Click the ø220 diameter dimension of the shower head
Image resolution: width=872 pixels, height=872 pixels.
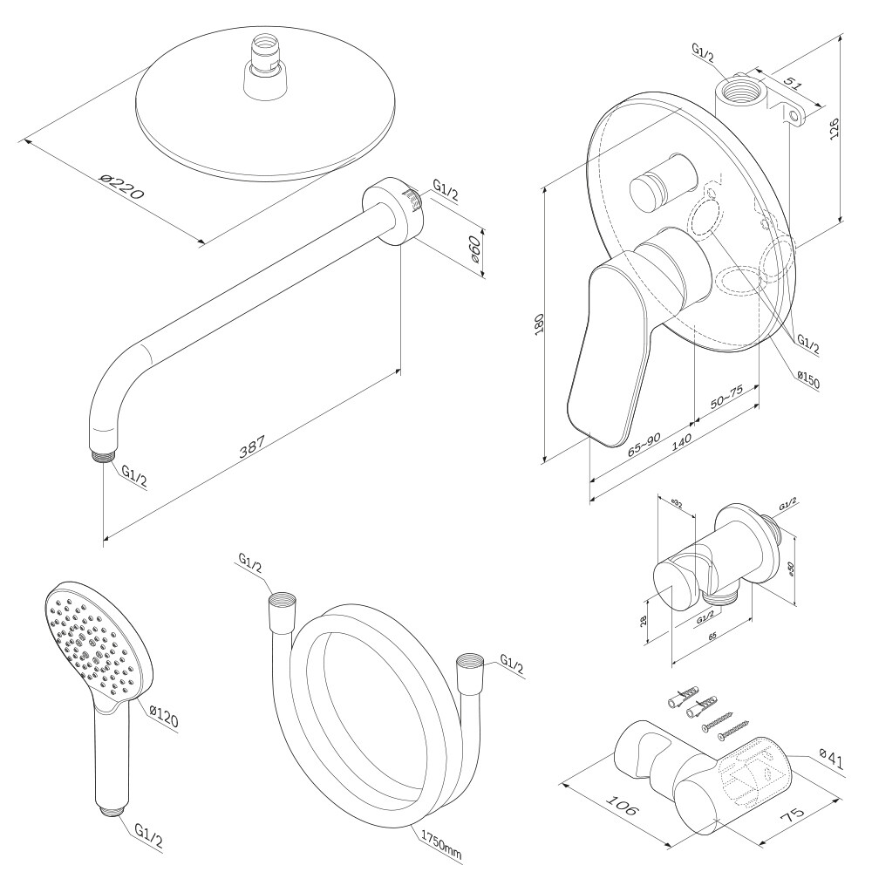pyautogui.click(x=121, y=187)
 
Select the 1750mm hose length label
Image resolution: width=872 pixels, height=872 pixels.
pyautogui.click(x=440, y=842)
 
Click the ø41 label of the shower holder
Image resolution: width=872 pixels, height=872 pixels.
pyautogui.click(x=832, y=761)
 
